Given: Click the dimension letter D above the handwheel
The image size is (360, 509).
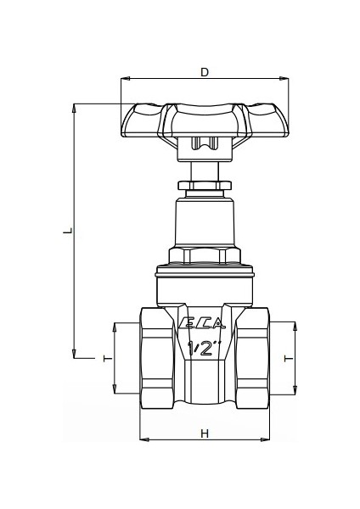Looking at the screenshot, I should pos(204,72).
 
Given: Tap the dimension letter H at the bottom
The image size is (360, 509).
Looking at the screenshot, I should pos(204,433).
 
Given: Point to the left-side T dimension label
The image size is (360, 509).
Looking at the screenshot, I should pos(106,359).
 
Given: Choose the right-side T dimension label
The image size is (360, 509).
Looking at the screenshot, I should pos(289,359).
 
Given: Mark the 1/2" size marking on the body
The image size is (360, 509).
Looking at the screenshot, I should pos(204,347).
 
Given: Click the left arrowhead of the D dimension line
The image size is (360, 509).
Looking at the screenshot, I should pos(125,81).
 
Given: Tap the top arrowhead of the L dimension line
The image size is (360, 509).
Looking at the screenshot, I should pos(75,108).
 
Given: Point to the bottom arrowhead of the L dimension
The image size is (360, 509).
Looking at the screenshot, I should pos(75,355).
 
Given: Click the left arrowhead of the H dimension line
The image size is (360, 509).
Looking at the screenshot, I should pos(143,440).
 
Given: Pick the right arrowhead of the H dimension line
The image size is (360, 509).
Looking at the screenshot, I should pos(265,440).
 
